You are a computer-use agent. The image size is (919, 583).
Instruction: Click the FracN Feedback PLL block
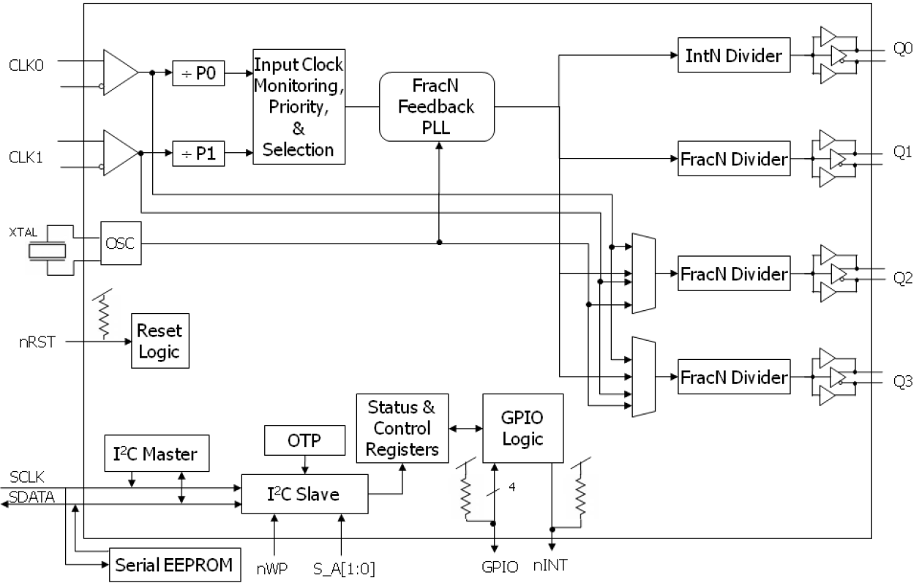point(437,107)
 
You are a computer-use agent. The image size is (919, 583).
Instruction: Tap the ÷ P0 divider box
point(199,73)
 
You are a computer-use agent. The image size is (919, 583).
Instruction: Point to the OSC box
point(120,243)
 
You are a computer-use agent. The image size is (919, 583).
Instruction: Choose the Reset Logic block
point(159,341)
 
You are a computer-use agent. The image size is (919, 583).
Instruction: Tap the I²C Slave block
point(305,494)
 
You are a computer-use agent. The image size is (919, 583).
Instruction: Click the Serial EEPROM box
point(175,564)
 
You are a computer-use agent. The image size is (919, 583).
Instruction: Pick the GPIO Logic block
point(522,428)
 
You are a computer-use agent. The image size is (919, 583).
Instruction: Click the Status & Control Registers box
point(402,429)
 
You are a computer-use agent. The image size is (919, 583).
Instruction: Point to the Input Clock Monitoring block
point(299,107)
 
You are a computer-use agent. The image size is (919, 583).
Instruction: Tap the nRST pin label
point(38,340)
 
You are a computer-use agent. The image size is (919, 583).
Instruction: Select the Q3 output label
point(903,381)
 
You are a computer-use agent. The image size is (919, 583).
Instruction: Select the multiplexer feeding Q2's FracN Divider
point(641,274)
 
